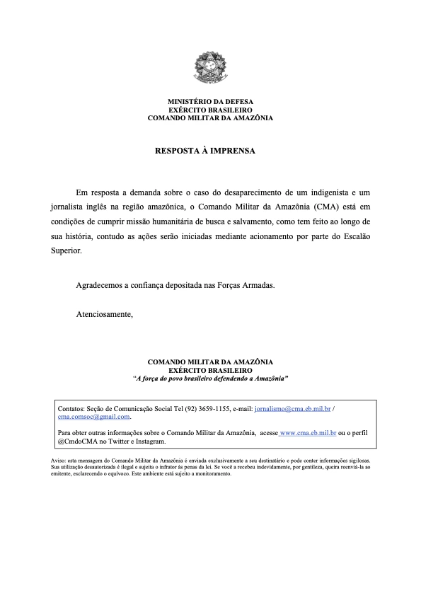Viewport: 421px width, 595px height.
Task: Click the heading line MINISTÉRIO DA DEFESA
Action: (x=210, y=103)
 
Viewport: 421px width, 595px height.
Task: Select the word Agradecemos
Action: (x=99, y=285)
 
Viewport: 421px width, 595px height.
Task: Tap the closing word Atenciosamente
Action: (x=105, y=313)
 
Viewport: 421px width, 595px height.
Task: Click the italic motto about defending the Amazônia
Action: (x=210, y=379)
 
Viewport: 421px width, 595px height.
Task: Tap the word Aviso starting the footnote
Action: (x=51, y=460)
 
